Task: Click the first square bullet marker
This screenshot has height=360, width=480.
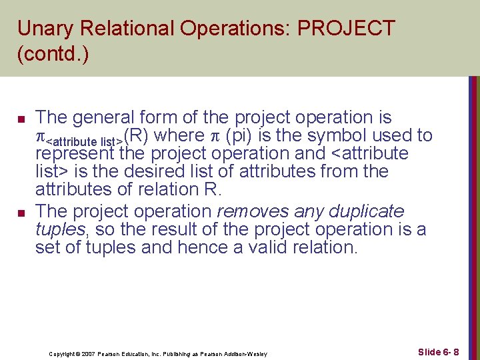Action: click(x=21, y=119)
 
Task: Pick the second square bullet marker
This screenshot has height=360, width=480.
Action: click(x=21, y=213)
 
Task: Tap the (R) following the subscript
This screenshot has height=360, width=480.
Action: click(x=136, y=136)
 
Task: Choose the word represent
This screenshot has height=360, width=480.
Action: click(x=76, y=154)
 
